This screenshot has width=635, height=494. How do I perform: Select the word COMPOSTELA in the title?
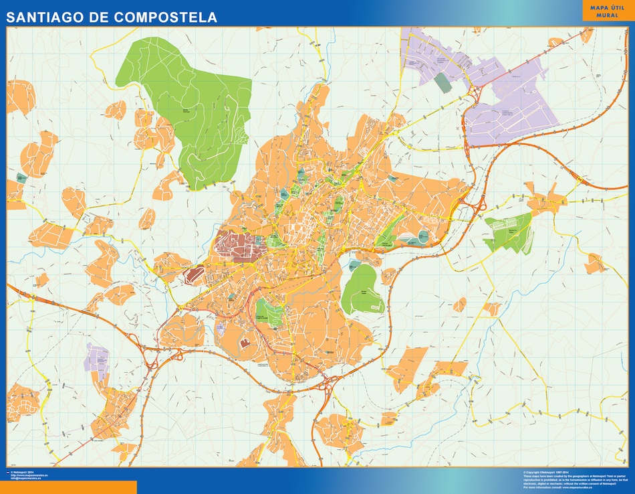(x=166, y=17)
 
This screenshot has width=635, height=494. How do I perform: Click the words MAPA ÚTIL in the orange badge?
(x=606, y=7)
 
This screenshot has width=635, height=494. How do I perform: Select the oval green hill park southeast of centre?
(x=362, y=289)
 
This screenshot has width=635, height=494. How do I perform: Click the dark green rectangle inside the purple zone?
(x=442, y=83)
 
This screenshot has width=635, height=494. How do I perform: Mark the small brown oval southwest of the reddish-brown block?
(x=195, y=273)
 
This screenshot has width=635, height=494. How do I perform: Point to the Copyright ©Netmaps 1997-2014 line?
(x=545, y=472)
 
